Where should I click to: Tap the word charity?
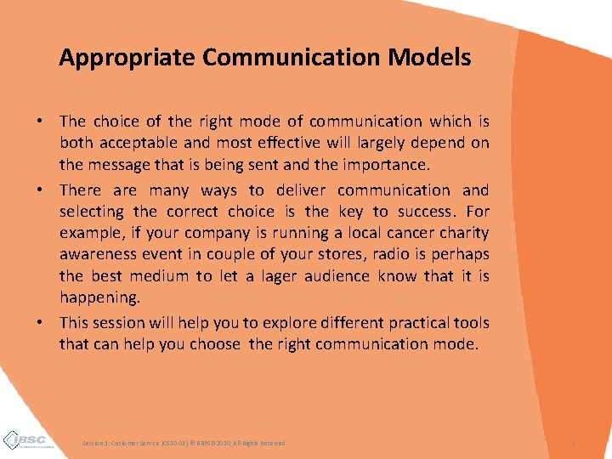click(x=460, y=233)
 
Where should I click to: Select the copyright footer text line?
click(x=184, y=443)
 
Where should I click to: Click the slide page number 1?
click(x=574, y=443)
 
